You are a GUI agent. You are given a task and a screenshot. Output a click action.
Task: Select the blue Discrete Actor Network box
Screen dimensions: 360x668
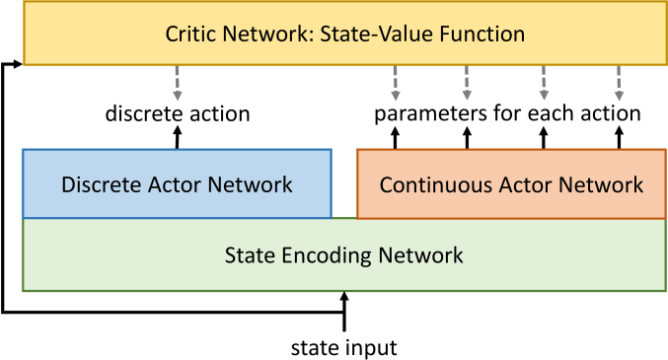click(177, 183)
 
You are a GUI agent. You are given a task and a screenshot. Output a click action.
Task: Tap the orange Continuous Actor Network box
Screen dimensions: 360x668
click(510, 183)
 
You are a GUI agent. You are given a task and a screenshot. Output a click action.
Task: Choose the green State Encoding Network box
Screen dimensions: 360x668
click(343, 255)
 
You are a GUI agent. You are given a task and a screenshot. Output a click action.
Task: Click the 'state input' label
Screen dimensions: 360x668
click(343, 346)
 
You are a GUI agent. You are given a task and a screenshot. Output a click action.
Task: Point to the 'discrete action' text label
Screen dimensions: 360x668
click(178, 113)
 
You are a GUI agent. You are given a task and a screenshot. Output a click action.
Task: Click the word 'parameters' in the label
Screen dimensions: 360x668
click(422, 113)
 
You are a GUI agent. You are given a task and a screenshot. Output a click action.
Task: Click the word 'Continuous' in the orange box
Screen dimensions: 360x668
click(431, 184)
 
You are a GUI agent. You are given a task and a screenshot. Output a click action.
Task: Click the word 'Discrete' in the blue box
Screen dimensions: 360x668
click(99, 184)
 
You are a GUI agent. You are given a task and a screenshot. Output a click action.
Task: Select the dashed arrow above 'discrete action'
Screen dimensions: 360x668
click(178, 84)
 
